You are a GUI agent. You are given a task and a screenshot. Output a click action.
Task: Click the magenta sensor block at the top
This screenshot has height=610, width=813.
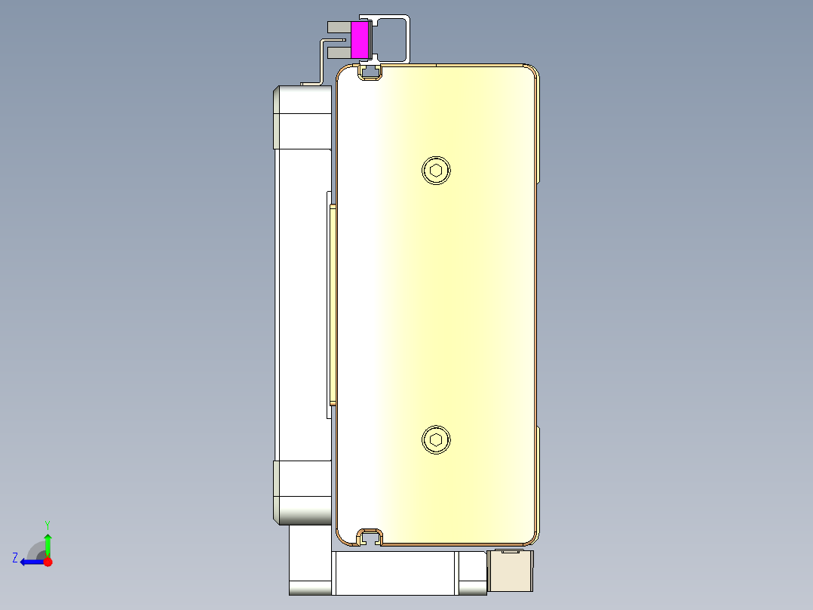pos(360,40)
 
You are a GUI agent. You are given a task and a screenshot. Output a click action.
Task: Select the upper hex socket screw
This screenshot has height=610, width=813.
pos(435,170)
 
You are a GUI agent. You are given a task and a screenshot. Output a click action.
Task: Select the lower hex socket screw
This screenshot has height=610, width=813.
pos(435,440)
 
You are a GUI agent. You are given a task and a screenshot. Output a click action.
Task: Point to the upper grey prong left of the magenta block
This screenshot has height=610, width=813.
pos(338,27)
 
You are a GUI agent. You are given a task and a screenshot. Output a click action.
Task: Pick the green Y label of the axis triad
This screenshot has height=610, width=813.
pos(47,524)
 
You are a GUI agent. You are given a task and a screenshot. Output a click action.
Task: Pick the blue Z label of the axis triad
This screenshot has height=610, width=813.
pos(14,558)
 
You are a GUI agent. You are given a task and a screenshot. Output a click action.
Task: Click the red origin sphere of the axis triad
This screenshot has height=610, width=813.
pos(48,562)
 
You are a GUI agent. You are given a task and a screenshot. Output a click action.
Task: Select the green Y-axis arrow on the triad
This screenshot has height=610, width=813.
pos(48,544)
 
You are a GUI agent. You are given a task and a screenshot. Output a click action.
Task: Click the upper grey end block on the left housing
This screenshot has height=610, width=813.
pos(302,117)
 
